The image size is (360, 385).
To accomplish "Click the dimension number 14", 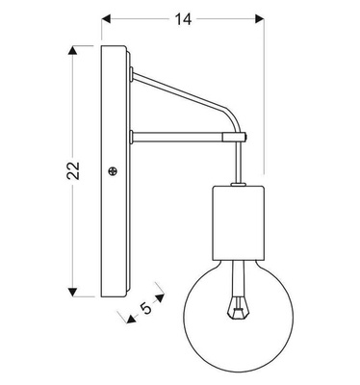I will click(x=181, y=17).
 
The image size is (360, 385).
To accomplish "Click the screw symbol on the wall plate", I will click(x=115, y=172).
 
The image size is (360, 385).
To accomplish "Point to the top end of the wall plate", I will click(x=114, y=46).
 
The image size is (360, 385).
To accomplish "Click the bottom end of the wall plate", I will click(x=114, y=295).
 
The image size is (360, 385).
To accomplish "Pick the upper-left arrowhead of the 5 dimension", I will click(x=118, y=316).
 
